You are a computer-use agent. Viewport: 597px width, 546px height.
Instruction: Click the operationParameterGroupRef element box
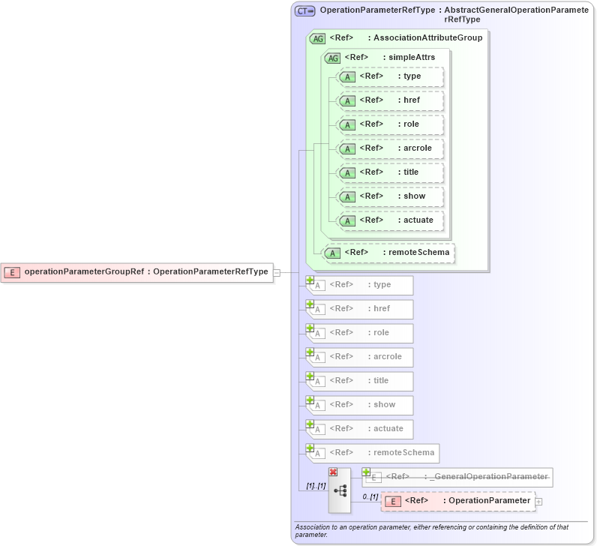pyautogui.click(x=136, y=272)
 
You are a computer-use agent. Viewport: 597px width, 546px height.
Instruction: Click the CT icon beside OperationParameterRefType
pyautogui.click(x=304, y=11)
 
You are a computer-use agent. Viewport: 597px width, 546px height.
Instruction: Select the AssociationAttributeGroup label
pyautogui.click(x=428, y=37)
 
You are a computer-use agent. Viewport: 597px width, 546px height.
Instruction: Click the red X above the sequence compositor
pyautogui.click(x=333, y=472)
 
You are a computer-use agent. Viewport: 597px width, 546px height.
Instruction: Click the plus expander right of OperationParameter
pyautogui.click(x=538, y=501)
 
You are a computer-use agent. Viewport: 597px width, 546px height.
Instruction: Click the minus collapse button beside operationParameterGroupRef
pyautogui.click(x=277, y=272)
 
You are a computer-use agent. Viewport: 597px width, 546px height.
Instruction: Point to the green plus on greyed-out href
pyautogui.click(x=310, y=304)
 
